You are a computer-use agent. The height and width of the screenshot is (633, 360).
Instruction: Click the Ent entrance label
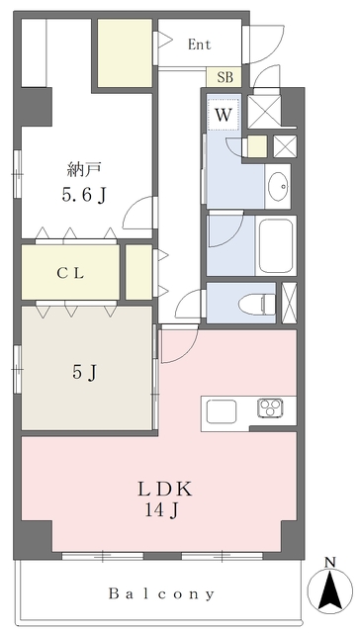[200, 45]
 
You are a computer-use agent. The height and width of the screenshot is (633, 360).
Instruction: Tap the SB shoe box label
[225, 77]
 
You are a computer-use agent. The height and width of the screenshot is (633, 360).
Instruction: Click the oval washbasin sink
[279, 186]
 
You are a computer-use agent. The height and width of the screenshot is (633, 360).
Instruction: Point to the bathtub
[276, 246]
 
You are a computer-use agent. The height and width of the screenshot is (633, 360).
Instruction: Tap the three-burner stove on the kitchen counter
[271, 408]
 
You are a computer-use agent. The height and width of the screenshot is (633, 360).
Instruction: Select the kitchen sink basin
[222, 411]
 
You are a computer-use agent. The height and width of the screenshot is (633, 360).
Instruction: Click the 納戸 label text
[83, 170]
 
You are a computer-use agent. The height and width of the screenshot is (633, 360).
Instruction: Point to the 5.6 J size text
[84, 196]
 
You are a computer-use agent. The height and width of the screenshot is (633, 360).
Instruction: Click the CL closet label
[70, 274]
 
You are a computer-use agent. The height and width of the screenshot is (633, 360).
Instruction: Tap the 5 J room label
[85, 372]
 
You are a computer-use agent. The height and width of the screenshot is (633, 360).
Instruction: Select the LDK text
[165, 490]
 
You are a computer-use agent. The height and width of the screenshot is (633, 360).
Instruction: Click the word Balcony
[161, 593]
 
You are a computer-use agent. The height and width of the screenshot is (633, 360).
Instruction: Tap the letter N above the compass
[330, 562]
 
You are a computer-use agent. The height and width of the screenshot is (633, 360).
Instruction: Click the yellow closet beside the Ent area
[126, 52]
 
